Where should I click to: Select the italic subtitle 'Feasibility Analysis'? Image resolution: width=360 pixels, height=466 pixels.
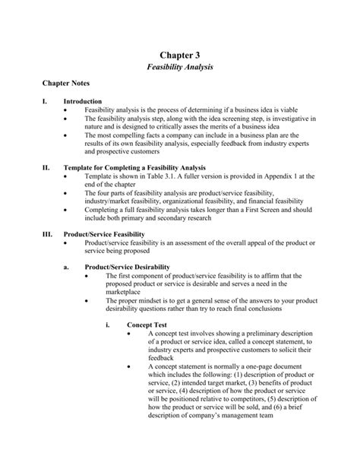180,68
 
